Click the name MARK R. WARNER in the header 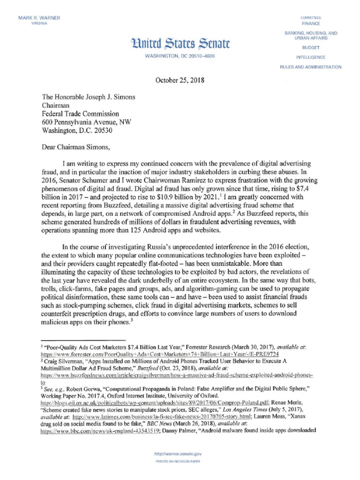pyautogui.click(x=39, y=18)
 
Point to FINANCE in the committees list pyautogui.click(x=311, y=22)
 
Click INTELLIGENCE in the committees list pyautogui.click(x=311, y=57)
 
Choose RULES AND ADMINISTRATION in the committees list pyautogui.click(x=311, y=67)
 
